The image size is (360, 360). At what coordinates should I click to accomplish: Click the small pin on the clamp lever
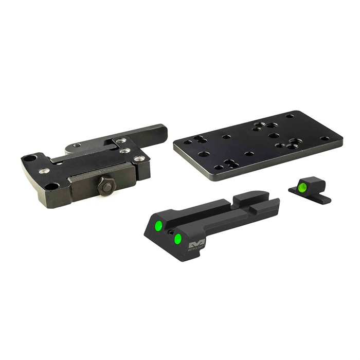click(77, 146)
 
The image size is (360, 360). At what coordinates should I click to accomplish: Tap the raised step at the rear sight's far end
click(252, 197)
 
